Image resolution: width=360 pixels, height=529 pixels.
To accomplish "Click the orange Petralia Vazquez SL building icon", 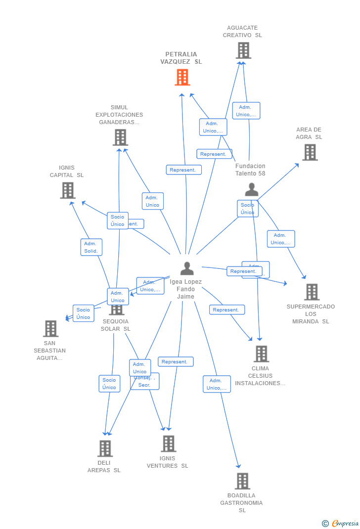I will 182,78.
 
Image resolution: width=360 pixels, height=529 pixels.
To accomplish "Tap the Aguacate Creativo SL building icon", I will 243,50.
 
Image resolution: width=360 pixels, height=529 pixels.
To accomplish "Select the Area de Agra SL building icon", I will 310,152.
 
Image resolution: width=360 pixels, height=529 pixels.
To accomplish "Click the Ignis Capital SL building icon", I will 68,190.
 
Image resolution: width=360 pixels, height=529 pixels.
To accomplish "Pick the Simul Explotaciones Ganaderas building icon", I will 120,137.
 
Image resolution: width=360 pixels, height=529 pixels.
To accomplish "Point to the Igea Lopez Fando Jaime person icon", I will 187,268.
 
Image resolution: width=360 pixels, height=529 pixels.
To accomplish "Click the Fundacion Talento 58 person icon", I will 252,189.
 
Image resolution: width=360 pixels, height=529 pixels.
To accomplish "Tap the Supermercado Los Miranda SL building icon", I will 312,292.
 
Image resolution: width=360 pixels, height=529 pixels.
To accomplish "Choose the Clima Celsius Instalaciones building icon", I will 261,354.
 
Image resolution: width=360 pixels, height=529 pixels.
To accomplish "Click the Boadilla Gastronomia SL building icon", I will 242,481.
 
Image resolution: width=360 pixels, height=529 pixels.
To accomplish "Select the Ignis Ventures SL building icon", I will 168,444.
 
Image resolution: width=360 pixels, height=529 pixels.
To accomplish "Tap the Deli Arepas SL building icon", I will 105,448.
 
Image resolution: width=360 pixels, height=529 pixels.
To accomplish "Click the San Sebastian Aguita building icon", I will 50,329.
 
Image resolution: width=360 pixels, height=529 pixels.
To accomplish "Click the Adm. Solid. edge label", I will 91,247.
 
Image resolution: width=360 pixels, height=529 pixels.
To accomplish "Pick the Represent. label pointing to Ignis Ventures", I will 175,362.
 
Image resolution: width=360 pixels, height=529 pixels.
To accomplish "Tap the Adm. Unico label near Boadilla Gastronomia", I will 217,384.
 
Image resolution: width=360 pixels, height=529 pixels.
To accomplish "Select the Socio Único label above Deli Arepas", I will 109,384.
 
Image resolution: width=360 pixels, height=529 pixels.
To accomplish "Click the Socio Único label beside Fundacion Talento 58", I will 247,209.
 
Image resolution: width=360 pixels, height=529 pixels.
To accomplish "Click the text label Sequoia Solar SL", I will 116,325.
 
